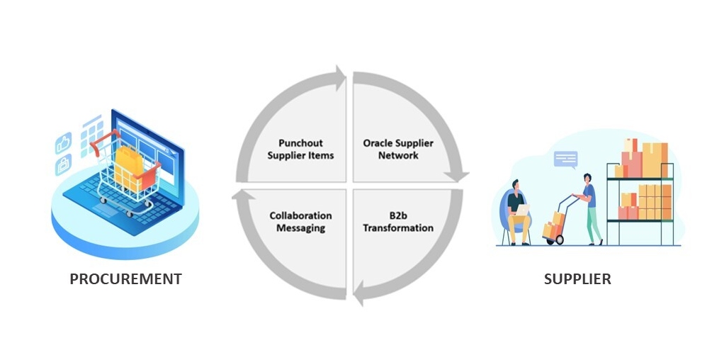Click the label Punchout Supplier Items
[x=300, y=150]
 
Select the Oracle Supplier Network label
[x=398, y=150]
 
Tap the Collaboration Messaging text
[x=300, y=222]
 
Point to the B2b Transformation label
[x=398, y=222]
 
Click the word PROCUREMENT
[x=125, y=279]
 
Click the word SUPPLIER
[x=577, y=279]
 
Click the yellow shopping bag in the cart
[x=128, y=165]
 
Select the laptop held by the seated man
[x=521, y=210]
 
